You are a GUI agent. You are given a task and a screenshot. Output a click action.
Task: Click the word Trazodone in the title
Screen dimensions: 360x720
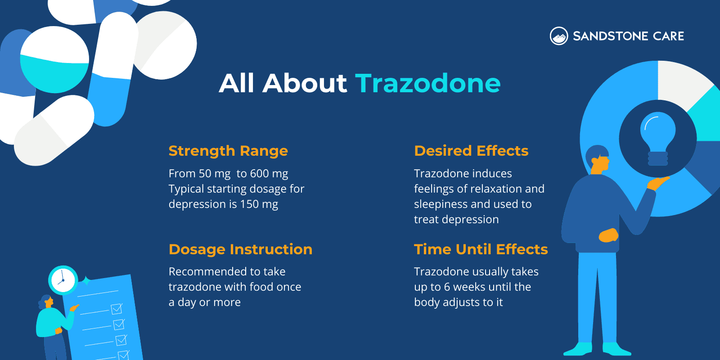[x=427, y=83]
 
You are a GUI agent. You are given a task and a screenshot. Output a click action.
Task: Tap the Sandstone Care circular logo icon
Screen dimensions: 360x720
[x=559, y=36]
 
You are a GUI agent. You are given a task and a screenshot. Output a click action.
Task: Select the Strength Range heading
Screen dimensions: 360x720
[x=228, y=151]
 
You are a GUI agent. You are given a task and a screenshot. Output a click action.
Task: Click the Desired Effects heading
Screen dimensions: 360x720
[x=471, y=151]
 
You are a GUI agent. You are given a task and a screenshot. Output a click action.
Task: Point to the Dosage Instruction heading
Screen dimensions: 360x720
[x=240, y=249]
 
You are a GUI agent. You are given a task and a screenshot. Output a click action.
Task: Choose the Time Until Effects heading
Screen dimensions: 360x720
[x=481, y=249]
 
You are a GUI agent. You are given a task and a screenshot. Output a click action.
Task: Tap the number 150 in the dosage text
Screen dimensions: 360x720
[x=249, y=204]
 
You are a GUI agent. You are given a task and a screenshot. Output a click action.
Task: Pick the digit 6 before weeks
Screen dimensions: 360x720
[x=447, y=287]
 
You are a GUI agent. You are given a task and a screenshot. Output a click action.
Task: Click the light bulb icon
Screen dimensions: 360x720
[x=657, y=138]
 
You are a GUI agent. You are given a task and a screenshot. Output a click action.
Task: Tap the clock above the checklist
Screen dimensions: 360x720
[x=63, y=280]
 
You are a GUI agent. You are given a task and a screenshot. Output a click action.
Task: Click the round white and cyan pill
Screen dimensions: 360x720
[x=54, y=59]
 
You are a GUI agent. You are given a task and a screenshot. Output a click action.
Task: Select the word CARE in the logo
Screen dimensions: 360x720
[x=668, y=36]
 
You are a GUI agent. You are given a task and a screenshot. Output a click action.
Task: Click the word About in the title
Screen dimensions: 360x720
[x=305, y=83]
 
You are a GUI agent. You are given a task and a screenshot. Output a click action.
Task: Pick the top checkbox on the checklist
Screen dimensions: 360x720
[x=117, y=309]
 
